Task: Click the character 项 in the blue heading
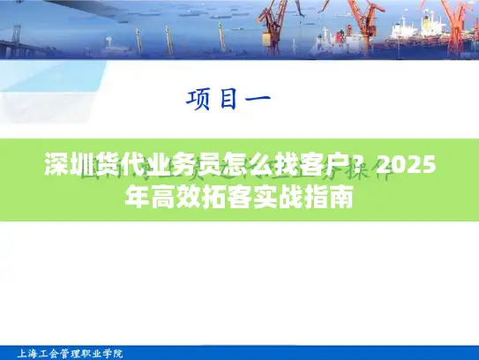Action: [x=200, y=99]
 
